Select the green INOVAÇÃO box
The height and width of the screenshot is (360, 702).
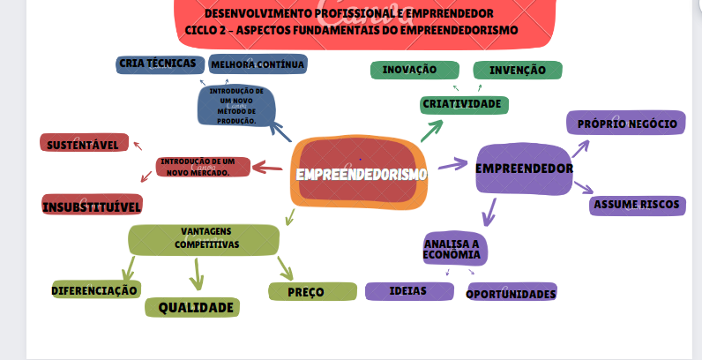tap(414, 71)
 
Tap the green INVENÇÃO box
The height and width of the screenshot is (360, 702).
tap(518, 71)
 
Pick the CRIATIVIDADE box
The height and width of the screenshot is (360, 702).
tap(462, 105)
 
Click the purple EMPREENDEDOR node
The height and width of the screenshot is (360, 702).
tap(524, 169)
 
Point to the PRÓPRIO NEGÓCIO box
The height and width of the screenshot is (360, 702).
tap(627, 124)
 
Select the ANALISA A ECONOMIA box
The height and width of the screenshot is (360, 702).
tap(452, 250)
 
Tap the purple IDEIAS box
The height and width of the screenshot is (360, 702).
tap(408, 290)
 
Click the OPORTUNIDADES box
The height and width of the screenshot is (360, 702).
tap(512, 293)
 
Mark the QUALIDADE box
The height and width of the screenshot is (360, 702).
tap(196, 308)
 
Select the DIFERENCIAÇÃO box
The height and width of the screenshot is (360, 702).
tap(95, 289)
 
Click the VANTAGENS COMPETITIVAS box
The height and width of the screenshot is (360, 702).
tap(204, 239)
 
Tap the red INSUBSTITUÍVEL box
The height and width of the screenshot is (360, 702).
tap(92, 206)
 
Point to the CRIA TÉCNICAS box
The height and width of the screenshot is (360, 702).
tap(157, 64)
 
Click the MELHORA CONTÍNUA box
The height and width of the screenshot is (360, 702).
tap(258, 64)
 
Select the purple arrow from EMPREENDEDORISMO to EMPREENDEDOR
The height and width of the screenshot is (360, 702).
tap(452, 164)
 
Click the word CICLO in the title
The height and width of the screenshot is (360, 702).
tap(204, 30)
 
